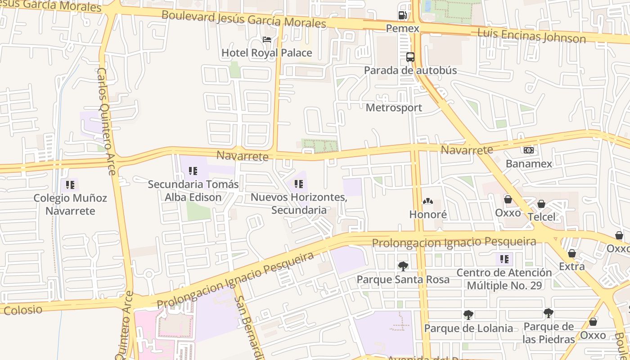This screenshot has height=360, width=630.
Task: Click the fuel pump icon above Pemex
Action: coord(402,15)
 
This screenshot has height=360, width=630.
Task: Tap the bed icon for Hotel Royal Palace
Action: coord(267,40)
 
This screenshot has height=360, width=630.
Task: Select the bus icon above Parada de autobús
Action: coord(410,57)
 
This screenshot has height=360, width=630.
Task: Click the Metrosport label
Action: coord(394,108)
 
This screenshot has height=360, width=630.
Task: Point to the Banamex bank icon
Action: coord(529,150)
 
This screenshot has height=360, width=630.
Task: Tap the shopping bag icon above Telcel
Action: coord(541,204)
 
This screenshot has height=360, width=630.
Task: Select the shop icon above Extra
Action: coord(572,253)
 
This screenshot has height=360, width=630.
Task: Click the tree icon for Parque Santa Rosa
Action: coord(403,266)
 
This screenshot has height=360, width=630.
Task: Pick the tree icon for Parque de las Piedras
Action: coord(549,313)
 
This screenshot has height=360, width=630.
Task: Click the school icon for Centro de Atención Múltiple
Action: coord(504,259)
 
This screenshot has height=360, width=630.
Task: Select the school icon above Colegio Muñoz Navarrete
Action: coord(70,185)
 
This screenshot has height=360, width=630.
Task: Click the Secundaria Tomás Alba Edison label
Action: coord(193,191)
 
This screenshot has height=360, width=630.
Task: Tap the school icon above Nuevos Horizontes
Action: coord(299,184)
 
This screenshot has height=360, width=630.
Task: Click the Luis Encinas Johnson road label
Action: coord(531,36)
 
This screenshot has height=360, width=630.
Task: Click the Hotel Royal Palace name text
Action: coord(267,53)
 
